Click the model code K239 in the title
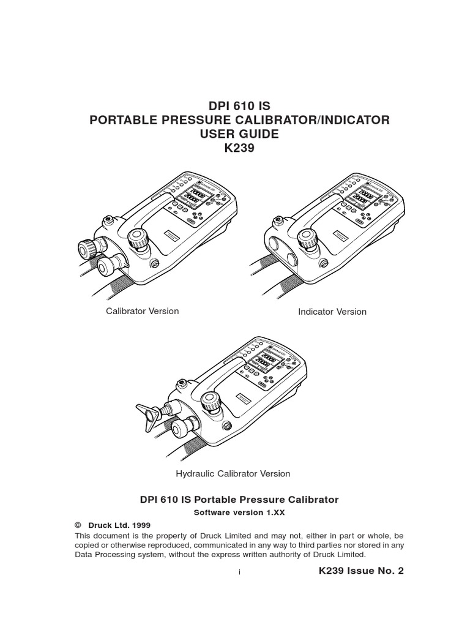239,149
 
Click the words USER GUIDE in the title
239,134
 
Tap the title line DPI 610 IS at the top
239,105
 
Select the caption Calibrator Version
143,311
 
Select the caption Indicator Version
332,312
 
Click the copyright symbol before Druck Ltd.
78,525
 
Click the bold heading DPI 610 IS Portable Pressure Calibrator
239,500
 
